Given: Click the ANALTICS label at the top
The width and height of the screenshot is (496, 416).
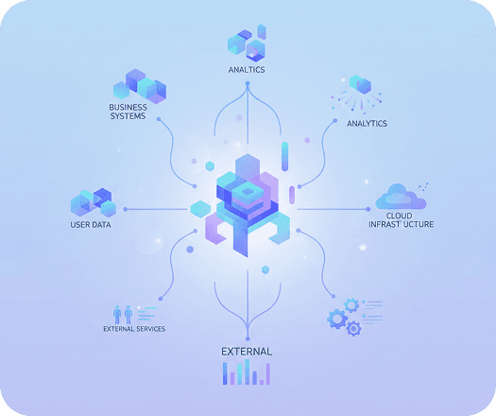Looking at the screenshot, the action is tap(247, 70).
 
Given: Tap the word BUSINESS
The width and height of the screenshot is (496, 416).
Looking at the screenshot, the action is tap(128, 107).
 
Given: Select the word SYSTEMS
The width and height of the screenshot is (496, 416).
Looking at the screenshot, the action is tap(128, 116).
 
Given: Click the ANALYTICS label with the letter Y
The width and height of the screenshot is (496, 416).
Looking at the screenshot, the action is tap(367, 124).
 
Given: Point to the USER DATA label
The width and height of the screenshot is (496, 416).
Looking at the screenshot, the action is tap(91, 225).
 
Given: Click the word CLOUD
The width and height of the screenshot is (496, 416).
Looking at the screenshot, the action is tap(400, 216).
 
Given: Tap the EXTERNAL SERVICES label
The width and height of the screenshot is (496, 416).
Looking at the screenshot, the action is tap(134, 329).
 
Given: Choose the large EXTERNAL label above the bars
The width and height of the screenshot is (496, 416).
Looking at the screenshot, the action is tap(247, 352).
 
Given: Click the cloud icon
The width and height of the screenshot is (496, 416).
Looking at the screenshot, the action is tap(401, 197).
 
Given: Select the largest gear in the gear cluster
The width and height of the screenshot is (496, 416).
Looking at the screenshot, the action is tap(337, 319).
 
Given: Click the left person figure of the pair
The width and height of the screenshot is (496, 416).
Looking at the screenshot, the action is tap(117, 315).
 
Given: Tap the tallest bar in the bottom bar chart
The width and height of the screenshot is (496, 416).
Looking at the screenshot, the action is tap(247, 372).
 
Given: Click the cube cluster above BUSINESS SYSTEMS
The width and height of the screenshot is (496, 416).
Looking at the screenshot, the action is tap(140, 86).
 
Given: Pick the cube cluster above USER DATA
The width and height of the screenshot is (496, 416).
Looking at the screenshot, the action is tap(94, 202).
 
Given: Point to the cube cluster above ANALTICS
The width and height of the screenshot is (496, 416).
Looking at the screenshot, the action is tap(247, 43).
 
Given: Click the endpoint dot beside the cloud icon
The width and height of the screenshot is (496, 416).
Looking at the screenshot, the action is tap(368, 209).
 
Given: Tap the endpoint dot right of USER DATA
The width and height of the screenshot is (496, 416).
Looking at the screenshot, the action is tap(126, 209).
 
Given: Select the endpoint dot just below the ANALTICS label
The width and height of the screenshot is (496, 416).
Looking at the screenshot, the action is tap(248, 83).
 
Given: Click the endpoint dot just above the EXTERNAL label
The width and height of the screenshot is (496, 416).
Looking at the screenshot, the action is tap(248, 338).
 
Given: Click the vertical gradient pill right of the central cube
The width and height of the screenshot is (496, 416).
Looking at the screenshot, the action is tap(284, 156).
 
